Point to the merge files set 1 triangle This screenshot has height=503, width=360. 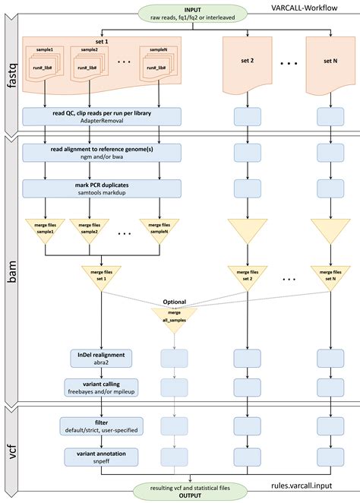(102, 274)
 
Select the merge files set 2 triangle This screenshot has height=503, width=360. (248, 274)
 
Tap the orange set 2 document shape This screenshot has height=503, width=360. (248, 60)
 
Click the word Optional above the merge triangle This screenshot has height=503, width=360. (174, 302)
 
